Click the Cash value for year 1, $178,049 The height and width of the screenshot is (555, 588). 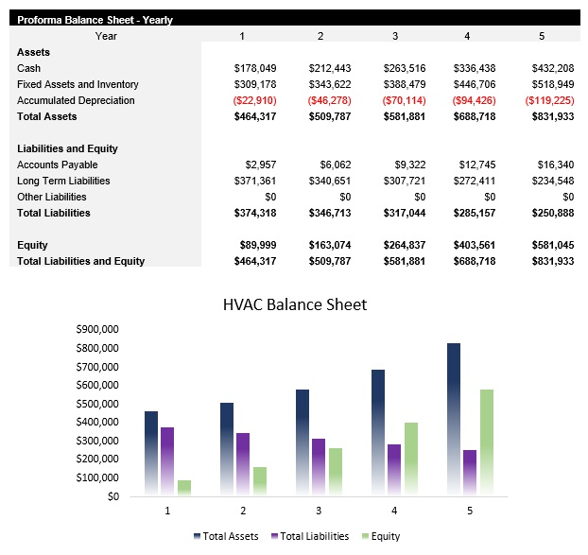click(255, 69)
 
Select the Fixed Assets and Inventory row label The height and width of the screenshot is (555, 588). click(78, 85)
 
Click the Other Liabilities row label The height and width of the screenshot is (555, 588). click(51, 198)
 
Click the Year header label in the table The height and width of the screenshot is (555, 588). click(106, 36)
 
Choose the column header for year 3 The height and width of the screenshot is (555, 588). click(395, 36)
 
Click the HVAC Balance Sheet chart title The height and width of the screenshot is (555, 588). click(294, 304)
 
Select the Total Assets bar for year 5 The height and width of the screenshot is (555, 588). click(455, 419)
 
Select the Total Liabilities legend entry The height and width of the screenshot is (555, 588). click(309, 536)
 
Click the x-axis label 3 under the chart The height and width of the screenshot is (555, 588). click(319, 511)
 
